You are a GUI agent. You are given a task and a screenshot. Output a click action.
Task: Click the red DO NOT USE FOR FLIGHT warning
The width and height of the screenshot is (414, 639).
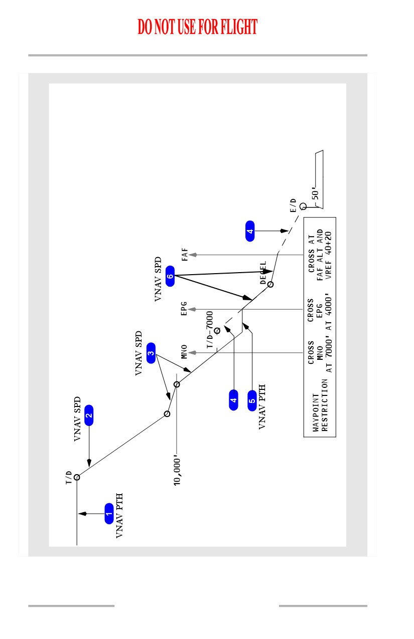[197, 27]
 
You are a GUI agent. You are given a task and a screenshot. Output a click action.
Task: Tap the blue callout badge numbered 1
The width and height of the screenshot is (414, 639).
[109, 514]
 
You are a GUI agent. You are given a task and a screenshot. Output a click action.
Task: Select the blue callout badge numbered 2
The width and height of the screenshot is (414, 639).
[89, 415]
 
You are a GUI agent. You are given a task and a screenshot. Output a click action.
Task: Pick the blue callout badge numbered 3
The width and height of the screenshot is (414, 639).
[151, 353]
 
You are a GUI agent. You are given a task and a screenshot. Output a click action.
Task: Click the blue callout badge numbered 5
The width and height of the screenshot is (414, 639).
[252, 401]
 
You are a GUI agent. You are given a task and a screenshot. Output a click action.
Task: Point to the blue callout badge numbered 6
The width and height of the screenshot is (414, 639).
[170, 276]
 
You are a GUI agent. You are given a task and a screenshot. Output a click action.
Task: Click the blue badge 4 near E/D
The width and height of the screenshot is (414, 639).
[250, 231]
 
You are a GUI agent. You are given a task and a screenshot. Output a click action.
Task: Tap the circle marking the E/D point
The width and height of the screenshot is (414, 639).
[303, 206]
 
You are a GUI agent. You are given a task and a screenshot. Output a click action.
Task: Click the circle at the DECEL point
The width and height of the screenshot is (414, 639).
[270, 284]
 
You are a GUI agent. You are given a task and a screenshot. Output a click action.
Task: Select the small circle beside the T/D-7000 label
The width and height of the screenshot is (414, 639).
[217, 331]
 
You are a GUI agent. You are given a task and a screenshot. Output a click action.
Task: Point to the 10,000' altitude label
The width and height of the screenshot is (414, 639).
[177, 472]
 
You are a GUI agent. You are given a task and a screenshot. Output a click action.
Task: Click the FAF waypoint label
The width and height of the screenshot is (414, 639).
[185, 255]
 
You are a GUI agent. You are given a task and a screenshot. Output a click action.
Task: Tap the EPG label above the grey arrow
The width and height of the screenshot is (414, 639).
[184, 309]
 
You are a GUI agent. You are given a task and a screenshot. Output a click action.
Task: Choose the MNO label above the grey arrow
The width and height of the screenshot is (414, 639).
[184, 352]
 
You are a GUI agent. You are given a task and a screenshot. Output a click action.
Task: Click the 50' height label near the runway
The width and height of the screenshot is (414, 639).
[315, 193]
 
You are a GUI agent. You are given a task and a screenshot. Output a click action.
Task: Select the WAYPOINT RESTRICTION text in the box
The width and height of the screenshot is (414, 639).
[320, 405]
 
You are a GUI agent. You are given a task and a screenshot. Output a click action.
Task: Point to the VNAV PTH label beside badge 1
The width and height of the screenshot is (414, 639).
[119, 516]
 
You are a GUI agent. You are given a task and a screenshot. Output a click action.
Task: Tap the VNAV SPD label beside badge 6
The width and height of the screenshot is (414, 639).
[158, 279]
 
